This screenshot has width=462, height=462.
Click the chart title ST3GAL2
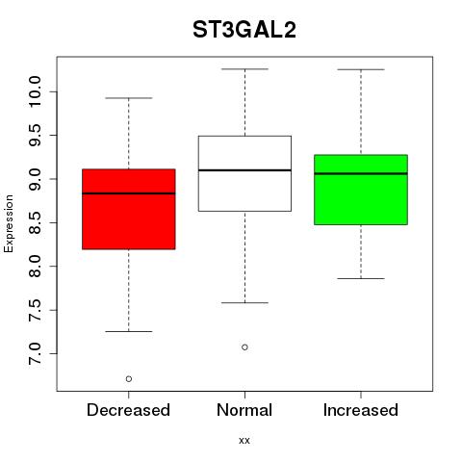click(x=244, y=30)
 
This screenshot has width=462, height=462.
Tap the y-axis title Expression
click(x=9, y=223)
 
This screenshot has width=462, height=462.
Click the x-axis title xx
click(x=244, y=440)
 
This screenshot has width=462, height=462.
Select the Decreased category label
click(x=128, y=410)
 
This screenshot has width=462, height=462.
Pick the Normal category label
click(x=244, y=410)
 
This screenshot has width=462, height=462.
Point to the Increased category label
click(x=361, y=410)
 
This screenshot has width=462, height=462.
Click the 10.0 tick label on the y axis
click(x=35, y=91)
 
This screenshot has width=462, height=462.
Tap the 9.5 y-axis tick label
click(x=35, y=136)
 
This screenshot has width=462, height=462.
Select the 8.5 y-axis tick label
click(x=35, y=222)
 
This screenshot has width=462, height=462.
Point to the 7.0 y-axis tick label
click(x=35, y=353)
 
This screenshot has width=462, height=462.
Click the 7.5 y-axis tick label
click(x=35, y=310)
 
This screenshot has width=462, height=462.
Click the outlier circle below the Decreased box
click(x=129, y=379)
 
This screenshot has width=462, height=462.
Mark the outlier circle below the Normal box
click(x=244, y=347)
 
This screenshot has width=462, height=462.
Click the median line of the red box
click(x=129, y=193)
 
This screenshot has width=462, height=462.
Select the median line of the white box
click(x=244, y=170)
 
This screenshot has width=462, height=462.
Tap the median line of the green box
click(x=361, y=173)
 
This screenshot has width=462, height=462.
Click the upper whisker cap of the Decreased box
click(x=129, y=98)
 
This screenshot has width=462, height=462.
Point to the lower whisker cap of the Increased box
click(x=361, y=278)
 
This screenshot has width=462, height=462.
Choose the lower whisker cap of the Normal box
click(x=244, y=302)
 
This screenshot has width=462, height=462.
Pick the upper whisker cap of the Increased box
click(x=361, y=69)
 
